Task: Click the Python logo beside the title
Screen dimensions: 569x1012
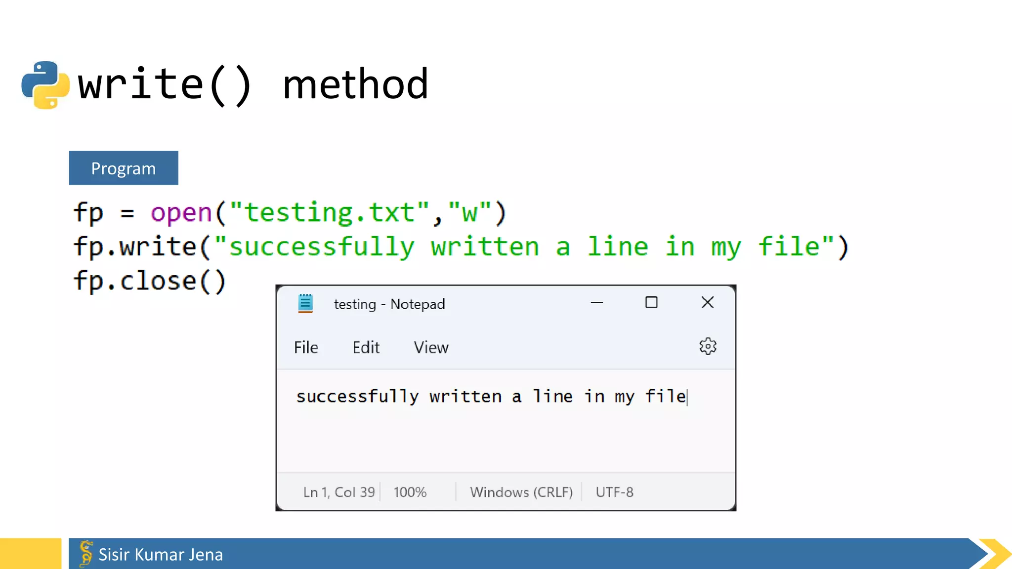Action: (x=45, y=84)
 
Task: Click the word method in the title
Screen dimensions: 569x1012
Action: (x=355, y=84)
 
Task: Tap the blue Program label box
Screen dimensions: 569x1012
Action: (x=124, y=168)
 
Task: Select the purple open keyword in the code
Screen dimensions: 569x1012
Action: (x=181, y=213)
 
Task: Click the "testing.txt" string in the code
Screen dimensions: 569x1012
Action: (x=330, y=213)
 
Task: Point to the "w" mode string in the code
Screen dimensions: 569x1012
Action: (x=469, y=213)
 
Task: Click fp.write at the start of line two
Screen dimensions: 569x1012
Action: (x=135, y=247)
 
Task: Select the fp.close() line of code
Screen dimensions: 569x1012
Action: (x=150, y=281)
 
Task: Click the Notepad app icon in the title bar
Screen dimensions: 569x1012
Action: (x=305, y=303)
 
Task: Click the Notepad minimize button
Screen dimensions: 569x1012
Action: (x=597, y=302)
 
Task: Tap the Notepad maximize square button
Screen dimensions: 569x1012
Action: (x=651, y=302)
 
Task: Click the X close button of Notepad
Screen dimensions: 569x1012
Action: (x=707, y=302)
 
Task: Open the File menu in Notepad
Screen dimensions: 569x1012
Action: (x=306, y=348)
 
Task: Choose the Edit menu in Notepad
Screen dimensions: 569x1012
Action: (x=366, y=348)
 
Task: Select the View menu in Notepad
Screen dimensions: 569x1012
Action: (x=431, y=348)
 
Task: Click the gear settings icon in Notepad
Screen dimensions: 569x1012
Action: (x=708, y=347)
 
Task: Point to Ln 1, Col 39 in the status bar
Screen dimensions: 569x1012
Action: (x=339, y=492)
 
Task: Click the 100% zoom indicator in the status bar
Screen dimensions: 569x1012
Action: (x=410, y=492)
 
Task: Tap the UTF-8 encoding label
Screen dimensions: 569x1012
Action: (x=614, y=492)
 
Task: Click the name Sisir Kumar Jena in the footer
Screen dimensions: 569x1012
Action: (x=161, y=555)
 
